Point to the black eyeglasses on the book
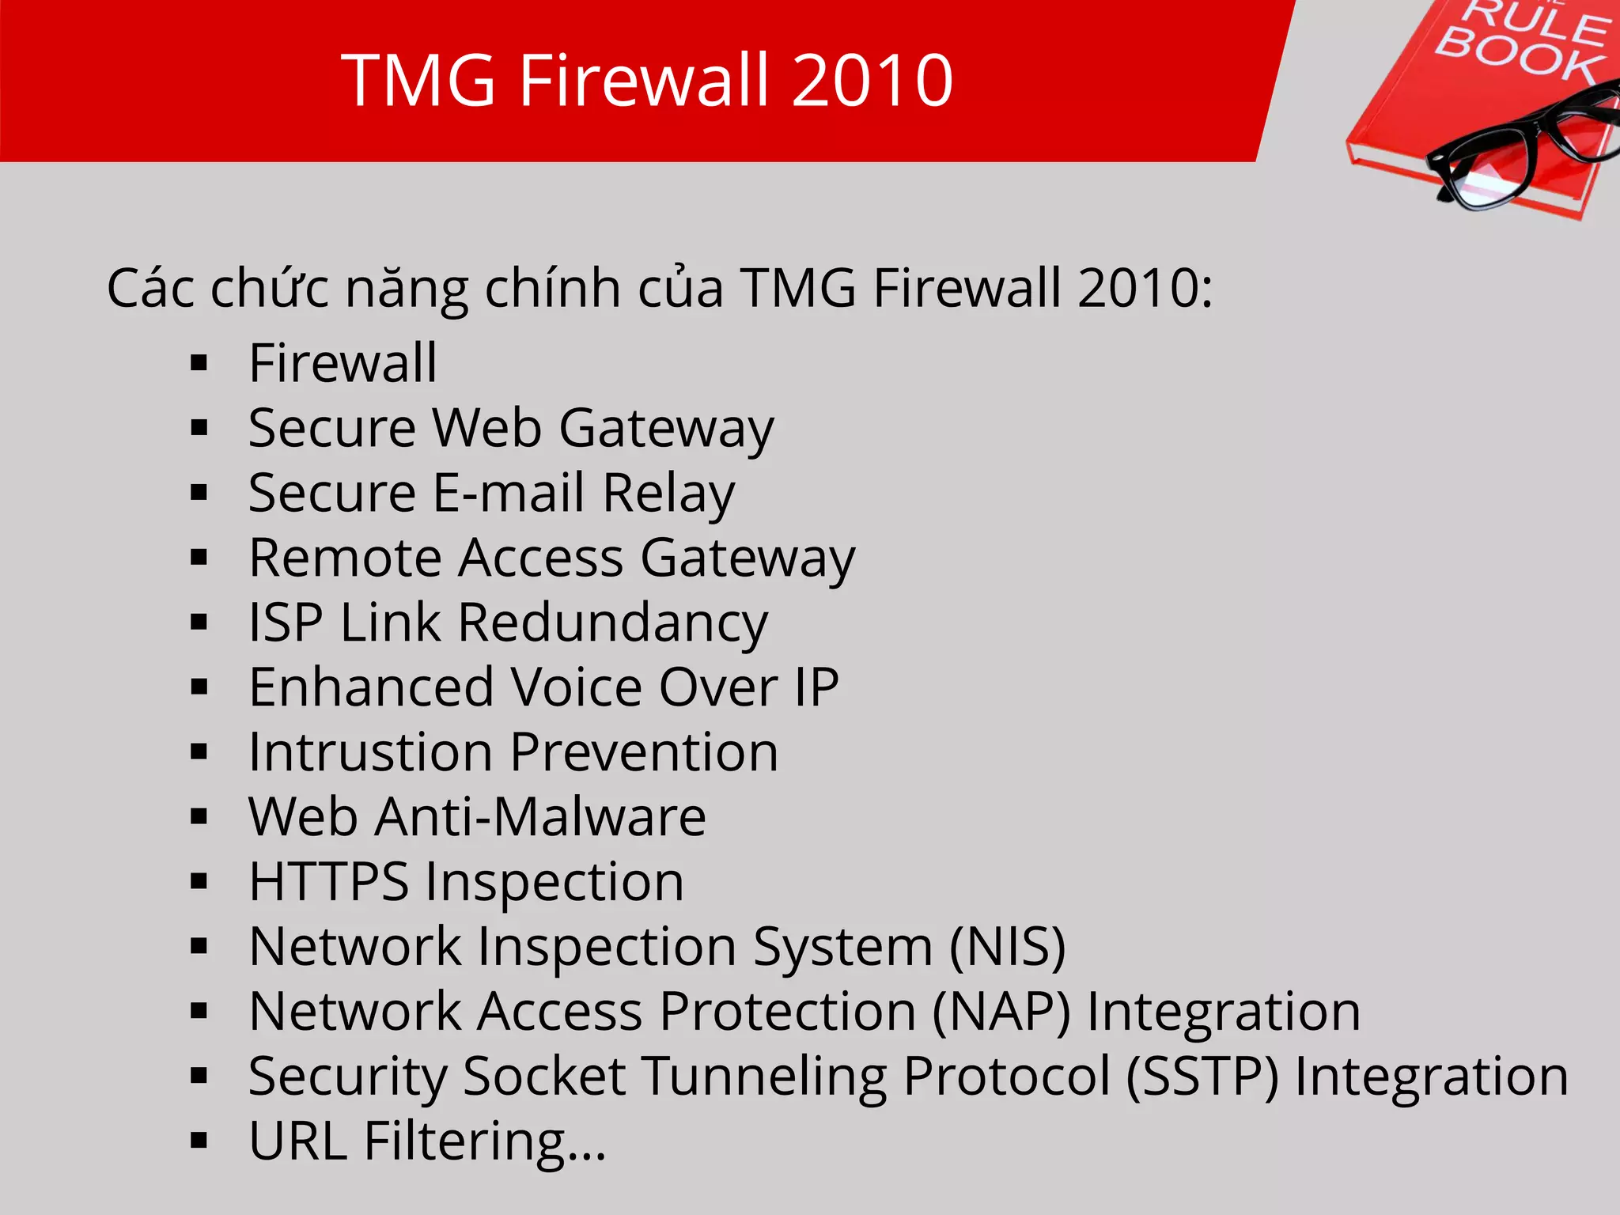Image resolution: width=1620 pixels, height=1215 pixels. tap(1519, 150)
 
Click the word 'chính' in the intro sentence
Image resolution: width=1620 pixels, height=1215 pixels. tap(552, 288)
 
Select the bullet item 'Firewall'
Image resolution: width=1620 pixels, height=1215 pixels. tap(343, 363)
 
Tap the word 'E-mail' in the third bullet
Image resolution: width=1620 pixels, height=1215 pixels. tap(508, 493)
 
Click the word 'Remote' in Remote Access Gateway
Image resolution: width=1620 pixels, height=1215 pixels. tap(345, 558)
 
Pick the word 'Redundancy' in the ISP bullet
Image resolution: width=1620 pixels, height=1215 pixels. tap(612, 623)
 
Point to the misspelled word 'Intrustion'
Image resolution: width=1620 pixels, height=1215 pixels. tap(370, 751)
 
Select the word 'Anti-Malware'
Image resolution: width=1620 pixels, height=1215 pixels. tap(540, 816)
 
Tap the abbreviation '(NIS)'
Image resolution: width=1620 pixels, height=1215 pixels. tap(1007, 946)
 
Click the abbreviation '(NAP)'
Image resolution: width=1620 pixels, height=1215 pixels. tap(1001, 1011)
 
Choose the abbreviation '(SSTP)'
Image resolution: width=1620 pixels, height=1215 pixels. tap(1202, 1076)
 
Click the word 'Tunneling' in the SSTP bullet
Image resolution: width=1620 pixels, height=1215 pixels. tap(764, 1077)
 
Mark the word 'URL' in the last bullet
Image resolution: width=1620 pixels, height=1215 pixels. tap(297, 1141)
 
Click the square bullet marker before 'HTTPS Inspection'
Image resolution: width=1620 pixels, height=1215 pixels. tap(199, 881)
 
